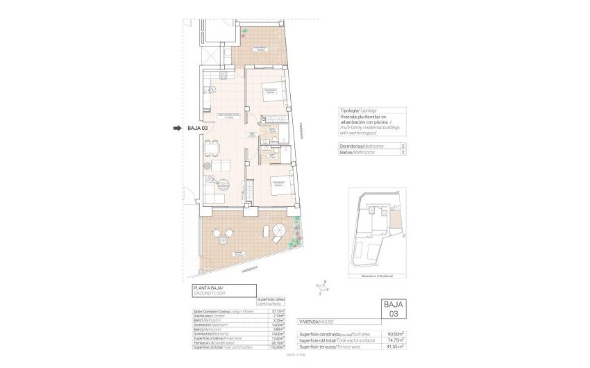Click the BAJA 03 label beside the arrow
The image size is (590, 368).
198,128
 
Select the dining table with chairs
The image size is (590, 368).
211,148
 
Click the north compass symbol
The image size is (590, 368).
322,284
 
